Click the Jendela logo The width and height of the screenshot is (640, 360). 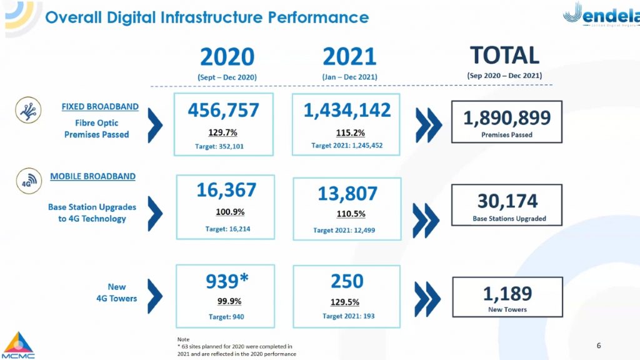[601, 14]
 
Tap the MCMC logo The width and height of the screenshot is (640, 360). [18, 345]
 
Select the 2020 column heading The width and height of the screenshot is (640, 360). [227, 57]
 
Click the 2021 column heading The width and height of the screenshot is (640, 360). [349, 56]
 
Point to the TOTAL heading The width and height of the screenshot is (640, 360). [504, 55]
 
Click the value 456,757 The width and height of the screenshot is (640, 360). [223, 110]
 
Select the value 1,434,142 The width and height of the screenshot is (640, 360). [347, 110]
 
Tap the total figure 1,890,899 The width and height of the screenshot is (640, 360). [506, 118]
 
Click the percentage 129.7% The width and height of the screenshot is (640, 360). [222, 132]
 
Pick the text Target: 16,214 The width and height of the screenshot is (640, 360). [227, 229]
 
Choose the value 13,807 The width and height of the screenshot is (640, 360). [347, 194]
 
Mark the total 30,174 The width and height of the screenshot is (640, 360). [507, 201]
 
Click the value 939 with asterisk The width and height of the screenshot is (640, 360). [226, 281]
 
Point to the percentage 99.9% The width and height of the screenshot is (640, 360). [229, 301]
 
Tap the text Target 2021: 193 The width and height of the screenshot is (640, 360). [348, 316]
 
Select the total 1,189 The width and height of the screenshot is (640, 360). [507, 294]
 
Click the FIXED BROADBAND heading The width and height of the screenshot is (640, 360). [100, 106]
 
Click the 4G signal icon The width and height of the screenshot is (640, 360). [29, 181]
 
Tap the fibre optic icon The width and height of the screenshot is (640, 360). [28, 110]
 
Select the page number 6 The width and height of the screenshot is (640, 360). [599, 346]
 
